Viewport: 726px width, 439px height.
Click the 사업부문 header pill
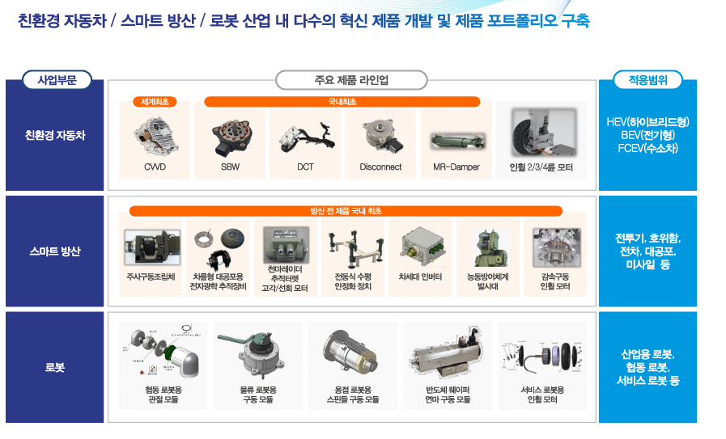pyautogui.click(x=57, y=80)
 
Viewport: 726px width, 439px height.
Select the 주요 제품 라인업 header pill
pyautogui.click(x=351, y=80)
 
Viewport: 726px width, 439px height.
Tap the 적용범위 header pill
pyautogui.click(x=647, y=80)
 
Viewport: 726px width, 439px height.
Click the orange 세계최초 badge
pyautogui.click(x=155, y=101)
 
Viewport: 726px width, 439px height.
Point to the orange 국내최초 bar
pyautogui.click(x=342, y=101)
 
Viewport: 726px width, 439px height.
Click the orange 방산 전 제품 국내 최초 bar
pyautogui.click(x=346, y=211)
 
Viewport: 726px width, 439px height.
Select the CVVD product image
pyautogui.click(x=155, y=136)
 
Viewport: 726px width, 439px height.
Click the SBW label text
pyautogui.click(x=230, y=167)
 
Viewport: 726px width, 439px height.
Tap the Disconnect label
pyautogui.click(x=380, y=167)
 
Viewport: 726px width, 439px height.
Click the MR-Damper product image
pyautogui.click(x=457, y=141)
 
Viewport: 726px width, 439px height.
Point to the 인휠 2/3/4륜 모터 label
pyautogui.click(x=541, y=167)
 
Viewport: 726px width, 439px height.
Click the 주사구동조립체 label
pyautogui.click(x=151, y=276)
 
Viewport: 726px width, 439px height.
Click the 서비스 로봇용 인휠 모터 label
pyautogui.click(x=542, y=394)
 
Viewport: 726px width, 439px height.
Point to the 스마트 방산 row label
pyautogui.click(x=55, y=251)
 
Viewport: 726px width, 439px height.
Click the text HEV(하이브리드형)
pyautogui.click(x=647, y=121)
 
